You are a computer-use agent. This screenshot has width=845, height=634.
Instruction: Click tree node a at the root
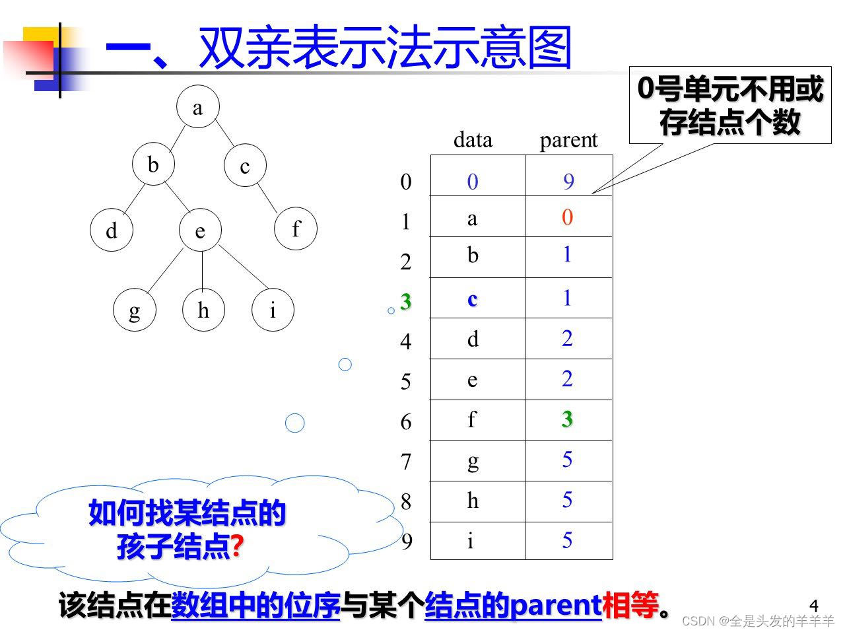pos(197,107)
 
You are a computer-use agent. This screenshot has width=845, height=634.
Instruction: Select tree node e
pos(200,230)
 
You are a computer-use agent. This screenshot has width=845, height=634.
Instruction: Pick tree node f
pos(296,229)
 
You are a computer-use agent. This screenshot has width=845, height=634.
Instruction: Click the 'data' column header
pos(473,140)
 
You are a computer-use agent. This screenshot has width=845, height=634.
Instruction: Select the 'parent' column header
pos(568,140)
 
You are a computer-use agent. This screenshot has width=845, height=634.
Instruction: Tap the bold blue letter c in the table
pos(472,299)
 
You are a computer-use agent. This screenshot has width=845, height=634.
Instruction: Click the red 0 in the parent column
pos(567,217)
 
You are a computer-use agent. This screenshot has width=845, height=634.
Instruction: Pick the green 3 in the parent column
pos(567,419)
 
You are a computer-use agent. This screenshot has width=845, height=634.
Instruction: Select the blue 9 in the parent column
pos(568,182)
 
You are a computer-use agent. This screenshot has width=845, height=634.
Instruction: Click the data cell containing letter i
pos(471,542)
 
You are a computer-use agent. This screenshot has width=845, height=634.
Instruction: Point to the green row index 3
pos(405,301)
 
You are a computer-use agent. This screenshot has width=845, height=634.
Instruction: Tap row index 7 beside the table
pos(406,462)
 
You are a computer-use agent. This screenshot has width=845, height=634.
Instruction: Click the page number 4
pos(813,606)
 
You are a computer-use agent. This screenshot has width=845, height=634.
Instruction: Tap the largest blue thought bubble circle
pos(294,423)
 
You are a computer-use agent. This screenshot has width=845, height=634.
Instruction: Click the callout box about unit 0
pos(729,106)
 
